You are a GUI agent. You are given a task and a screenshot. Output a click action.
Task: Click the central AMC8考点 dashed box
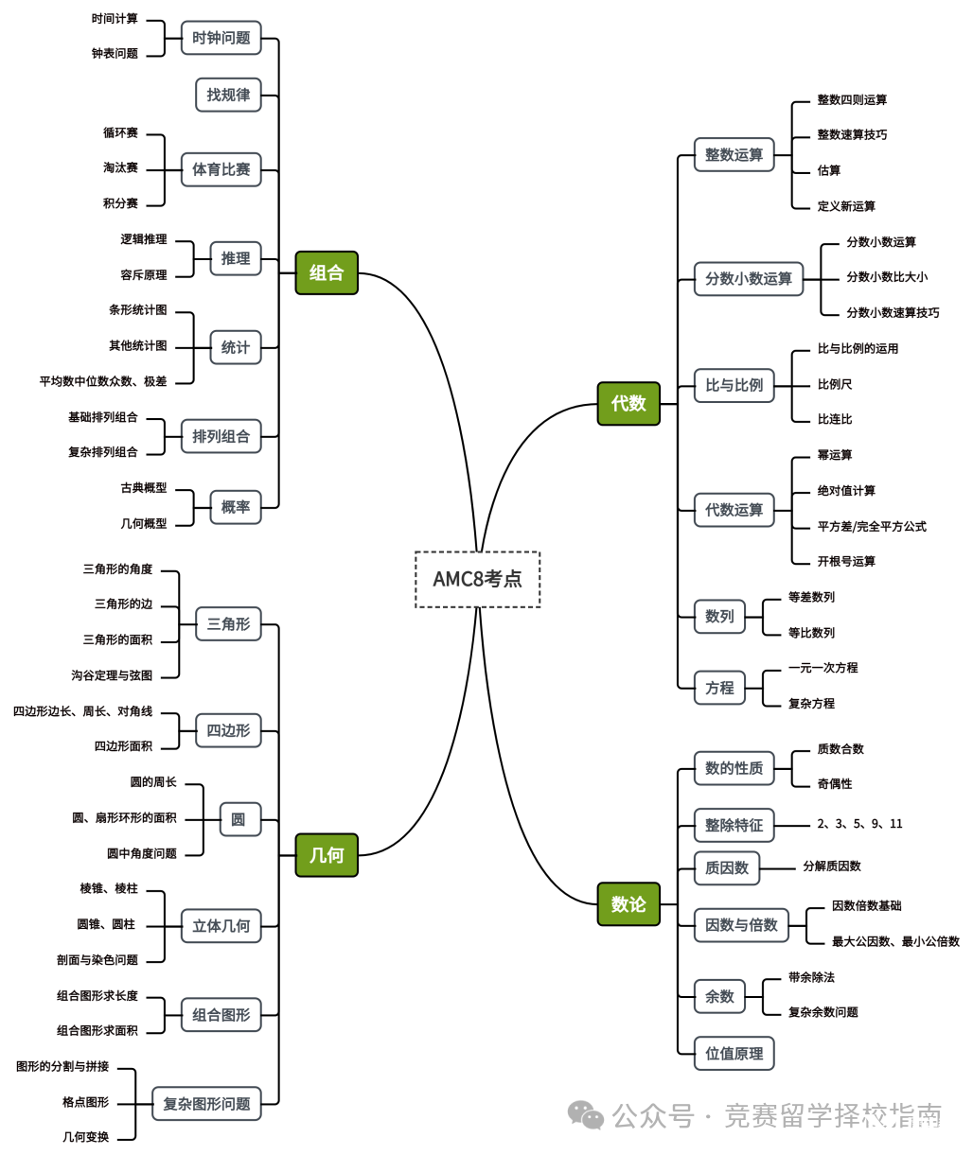coord(477,579)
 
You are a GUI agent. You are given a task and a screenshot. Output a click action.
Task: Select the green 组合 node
coord(327,272)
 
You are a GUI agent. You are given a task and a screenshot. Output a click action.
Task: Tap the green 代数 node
coord(628,403)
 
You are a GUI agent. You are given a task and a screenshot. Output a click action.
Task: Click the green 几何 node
coord(327,854)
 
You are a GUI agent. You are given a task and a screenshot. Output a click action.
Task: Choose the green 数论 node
coord(628,904)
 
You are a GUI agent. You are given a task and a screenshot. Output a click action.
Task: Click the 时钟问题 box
coord(221,38)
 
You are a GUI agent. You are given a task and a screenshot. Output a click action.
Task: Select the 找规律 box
coord(228,95)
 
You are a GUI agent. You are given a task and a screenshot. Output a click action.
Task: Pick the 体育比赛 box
coord(221,169)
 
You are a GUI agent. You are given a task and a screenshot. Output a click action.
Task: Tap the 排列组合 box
coord(221,436)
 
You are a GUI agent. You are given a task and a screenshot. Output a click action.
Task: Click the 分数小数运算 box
coord(749,279)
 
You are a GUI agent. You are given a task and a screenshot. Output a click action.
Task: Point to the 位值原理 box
coord(734,1053)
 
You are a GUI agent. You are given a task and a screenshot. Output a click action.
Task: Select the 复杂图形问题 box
coord(206,1104)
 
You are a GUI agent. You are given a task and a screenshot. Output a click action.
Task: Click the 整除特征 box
coord(734,825)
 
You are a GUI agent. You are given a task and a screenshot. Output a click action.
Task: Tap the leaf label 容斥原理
coord(144,275)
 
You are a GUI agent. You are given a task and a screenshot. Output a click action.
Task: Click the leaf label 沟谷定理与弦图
coord(112,674)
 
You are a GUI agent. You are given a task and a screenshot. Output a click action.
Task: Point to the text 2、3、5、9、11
coord(859,824)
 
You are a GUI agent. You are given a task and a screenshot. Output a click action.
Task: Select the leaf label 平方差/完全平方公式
coord(872,526)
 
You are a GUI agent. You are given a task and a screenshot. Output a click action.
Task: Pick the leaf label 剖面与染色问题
coord(97,960)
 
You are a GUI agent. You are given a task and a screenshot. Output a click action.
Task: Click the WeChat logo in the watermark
coord(586,1114)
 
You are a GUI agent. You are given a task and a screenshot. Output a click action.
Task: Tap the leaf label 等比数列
coord(811,632)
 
